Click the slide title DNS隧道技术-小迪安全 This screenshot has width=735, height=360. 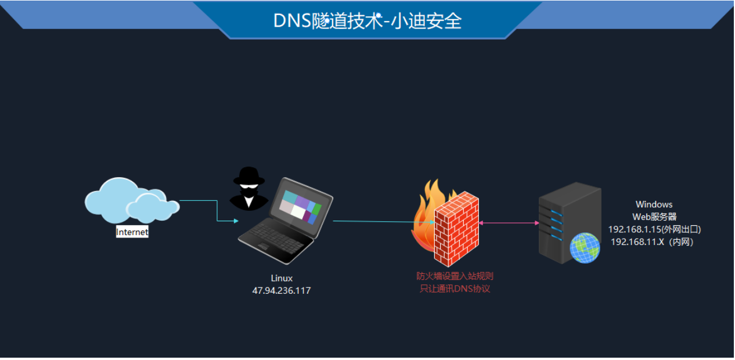pos(368,21)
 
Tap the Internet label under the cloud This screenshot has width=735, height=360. pos(132,232)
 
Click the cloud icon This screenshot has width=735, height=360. pos(130,200)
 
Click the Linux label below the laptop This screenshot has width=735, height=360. pos(282,279)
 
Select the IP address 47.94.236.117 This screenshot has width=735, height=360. pos(282,291)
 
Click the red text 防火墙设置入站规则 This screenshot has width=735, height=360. pos(455,276)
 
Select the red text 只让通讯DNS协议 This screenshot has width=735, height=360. pos(455,289)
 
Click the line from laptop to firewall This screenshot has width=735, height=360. pos(377,221)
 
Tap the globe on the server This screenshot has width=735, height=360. pos(584,249)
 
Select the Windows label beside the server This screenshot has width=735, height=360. pos(654,204)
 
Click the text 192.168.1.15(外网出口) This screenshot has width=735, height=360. pos(654,229)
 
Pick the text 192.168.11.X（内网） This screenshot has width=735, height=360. pos(652,242)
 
